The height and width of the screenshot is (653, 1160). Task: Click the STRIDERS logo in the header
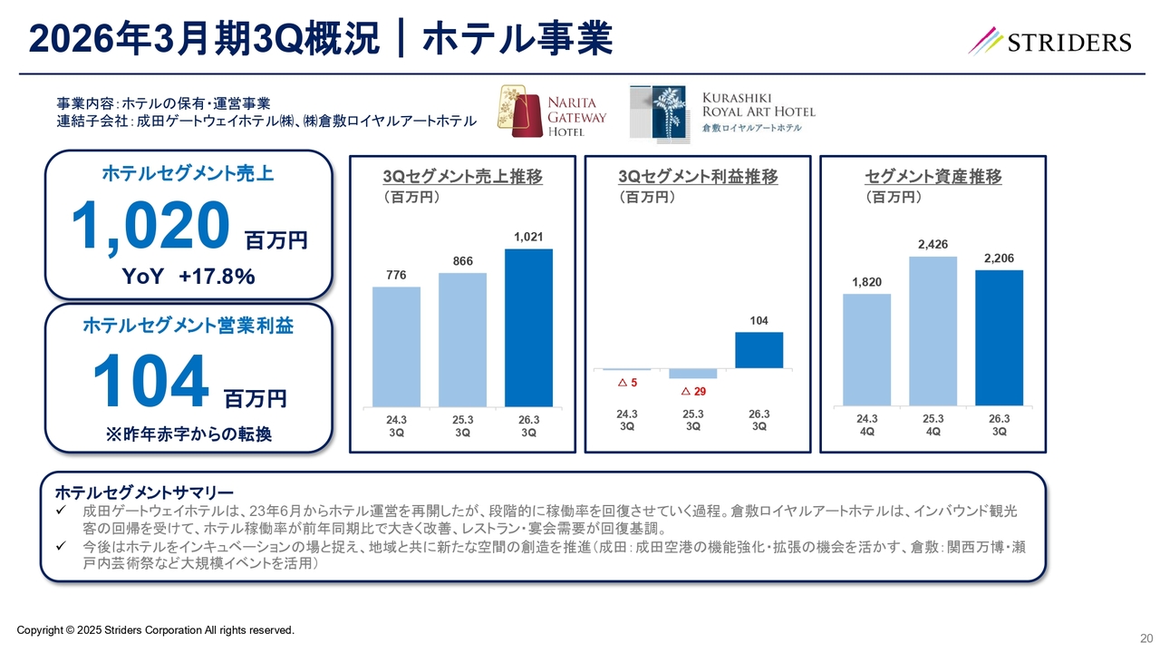[1049, 42]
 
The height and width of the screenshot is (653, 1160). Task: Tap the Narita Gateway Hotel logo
[554, 112]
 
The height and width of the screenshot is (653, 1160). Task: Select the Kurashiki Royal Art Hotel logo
[722, 112]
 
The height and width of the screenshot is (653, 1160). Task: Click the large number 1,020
[150, 227]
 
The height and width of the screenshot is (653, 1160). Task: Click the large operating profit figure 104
[150, 382]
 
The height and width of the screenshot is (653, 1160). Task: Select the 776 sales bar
[396, 346]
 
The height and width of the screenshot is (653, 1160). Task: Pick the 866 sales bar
[462, 339]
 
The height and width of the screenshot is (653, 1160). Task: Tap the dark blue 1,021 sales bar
[528, 327]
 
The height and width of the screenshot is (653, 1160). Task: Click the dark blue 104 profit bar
[759, 350]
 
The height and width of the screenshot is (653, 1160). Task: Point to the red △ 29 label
[693, 391]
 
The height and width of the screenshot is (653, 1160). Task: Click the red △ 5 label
[627, 383]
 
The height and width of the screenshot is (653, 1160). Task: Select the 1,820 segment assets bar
[866, 349]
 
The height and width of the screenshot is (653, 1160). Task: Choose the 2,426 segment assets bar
[933, 331]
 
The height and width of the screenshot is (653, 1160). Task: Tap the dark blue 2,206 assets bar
[999, 337]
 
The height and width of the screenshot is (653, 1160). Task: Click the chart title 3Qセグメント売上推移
[462, 178]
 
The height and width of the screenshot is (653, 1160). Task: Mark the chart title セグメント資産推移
[933, 178]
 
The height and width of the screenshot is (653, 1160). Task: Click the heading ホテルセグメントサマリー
[144, 493]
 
